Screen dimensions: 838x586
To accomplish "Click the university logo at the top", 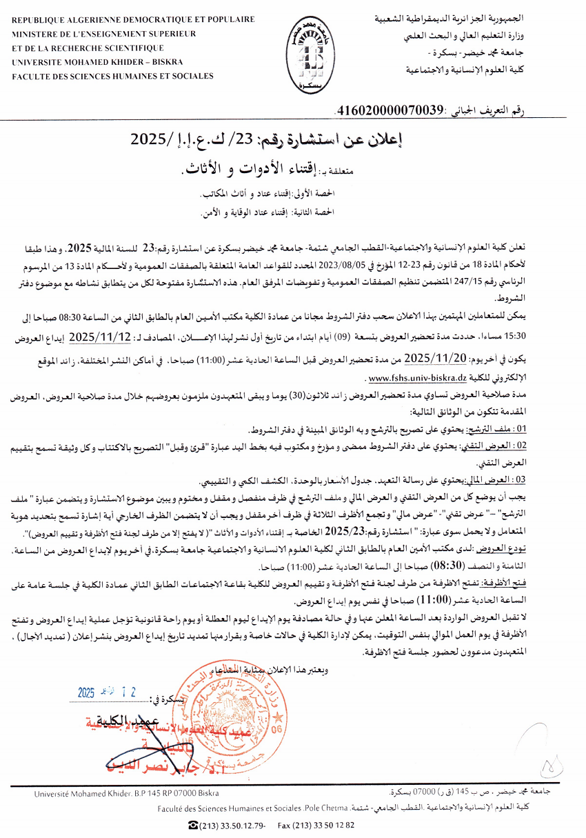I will (x=301, y=57).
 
